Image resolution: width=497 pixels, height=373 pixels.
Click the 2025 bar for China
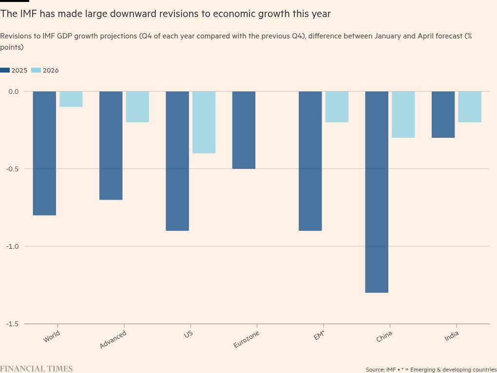click(377, 192)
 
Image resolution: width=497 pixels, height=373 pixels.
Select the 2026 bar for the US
click(204, 122)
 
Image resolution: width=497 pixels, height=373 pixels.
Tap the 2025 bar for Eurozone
click(244, 130)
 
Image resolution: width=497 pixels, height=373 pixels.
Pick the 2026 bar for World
click(71, 99)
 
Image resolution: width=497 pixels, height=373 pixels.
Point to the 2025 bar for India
click(443, 114)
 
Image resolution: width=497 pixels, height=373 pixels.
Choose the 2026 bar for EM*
click(337, 107)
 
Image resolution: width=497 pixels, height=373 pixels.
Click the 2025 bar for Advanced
click(111, 146)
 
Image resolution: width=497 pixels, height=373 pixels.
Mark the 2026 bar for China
click(403, 114)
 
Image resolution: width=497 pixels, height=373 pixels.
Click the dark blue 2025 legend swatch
click(5, 70)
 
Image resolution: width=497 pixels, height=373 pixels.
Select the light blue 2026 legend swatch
click(36, 70)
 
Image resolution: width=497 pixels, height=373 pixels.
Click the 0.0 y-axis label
click(14, 92)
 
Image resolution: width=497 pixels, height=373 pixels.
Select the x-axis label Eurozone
click(246, 339)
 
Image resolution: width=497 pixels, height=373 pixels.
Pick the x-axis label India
click(452, 336)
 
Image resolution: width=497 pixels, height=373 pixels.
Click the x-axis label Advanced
click(113, 339)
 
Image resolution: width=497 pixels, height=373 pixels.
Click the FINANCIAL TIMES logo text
click(37, 369)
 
